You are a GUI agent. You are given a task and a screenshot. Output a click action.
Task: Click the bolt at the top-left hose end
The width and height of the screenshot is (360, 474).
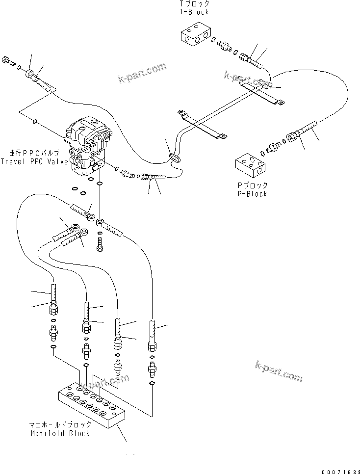pos(10,62)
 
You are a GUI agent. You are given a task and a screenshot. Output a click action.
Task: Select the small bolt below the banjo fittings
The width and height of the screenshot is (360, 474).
pos(100,243)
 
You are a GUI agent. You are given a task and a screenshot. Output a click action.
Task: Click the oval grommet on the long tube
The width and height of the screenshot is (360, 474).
pos(173,157)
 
